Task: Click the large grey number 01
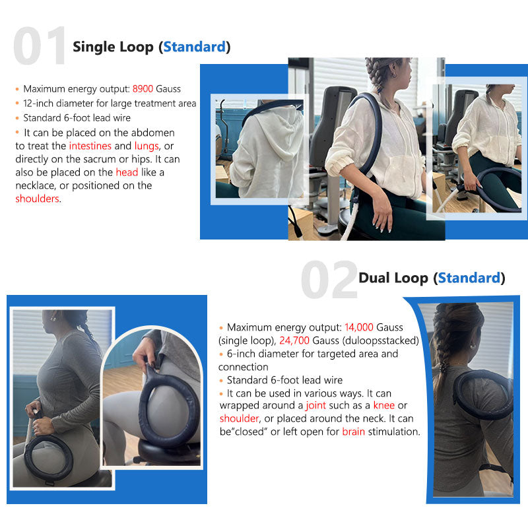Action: coord(40,46)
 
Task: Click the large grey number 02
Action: coord(329,280)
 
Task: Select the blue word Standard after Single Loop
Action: coord(195,47)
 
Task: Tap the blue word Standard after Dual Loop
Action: coord(469,278)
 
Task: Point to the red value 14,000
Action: coord(364,327)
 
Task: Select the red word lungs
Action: coord(146,146)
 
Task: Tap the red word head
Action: coord(127,172)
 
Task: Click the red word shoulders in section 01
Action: coord(38,199)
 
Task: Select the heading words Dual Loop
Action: coord(393,278)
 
